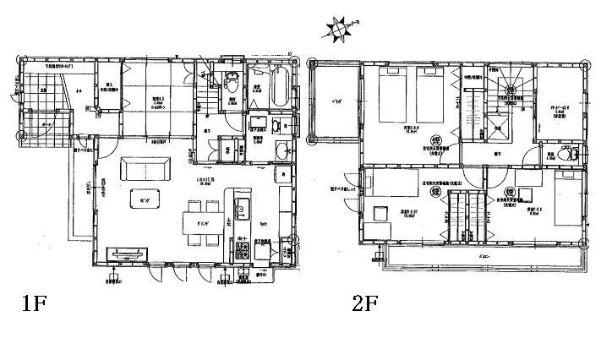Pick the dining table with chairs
click(x=203, y=223)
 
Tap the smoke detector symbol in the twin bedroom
click(x=436, y=140)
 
